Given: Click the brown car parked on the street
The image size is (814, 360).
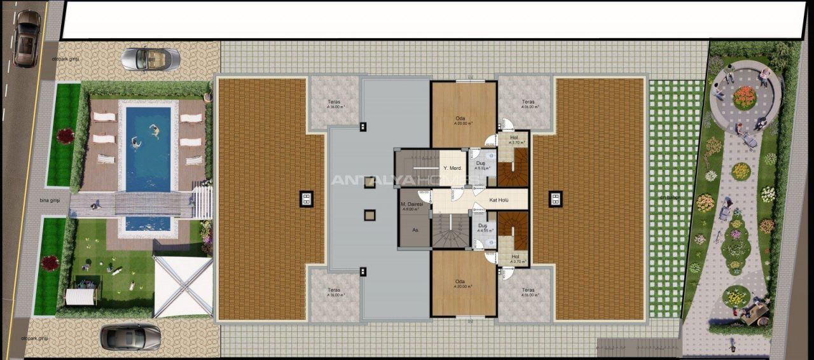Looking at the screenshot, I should (x=26, y=39).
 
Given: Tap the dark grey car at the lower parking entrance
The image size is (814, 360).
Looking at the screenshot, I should (x=130, y=336).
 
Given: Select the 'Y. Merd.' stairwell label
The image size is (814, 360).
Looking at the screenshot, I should (x=452, y=168).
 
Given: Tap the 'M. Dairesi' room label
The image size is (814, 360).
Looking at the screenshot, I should (x=411, y=205).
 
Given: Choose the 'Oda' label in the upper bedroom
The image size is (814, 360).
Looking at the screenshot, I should (x=460, y=118).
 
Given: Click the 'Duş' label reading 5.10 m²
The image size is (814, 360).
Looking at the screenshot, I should (x=480, y=163).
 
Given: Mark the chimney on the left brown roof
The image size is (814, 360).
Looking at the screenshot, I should (x=306, y=199).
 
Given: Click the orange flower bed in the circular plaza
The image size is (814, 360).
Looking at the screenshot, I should (x=745, y=97).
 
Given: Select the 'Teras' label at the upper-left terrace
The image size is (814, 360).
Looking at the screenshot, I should (x=334, y=102).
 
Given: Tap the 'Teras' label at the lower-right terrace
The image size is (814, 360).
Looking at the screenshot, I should (x=527, y=291).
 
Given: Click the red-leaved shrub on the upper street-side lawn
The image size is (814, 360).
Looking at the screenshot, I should (x=66, y=135).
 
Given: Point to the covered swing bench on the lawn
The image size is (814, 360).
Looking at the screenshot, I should (x=80, y=296).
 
